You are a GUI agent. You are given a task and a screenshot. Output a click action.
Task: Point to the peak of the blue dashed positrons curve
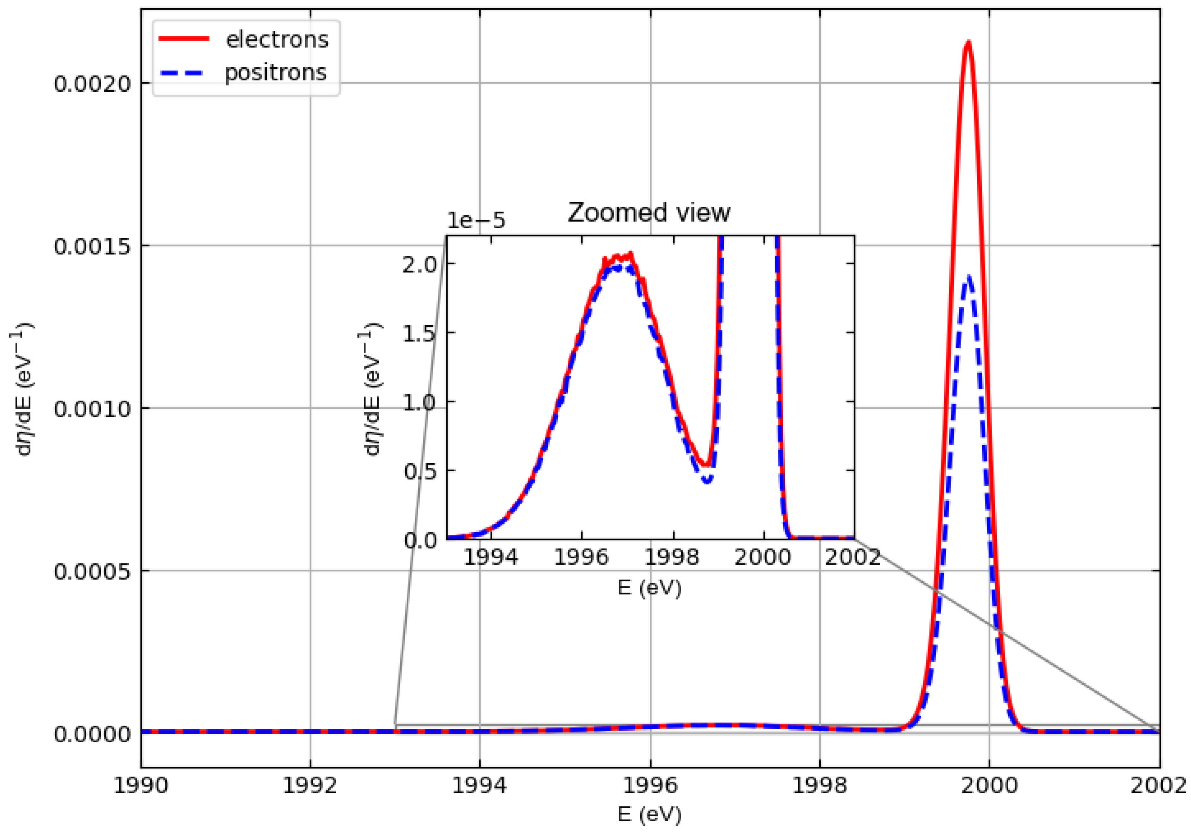[969, 278]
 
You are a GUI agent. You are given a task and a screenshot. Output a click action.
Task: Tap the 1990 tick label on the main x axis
[141, 786]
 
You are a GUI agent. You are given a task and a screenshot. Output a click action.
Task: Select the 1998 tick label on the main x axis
[820, 786]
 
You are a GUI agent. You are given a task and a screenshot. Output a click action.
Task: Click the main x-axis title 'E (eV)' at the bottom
[649, 814]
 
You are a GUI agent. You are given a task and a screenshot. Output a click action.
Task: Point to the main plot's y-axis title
[23, 389]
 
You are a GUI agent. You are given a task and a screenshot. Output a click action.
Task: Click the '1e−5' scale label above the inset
[476, 221]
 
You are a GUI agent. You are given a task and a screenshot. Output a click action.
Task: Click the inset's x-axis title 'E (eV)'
[649, 588]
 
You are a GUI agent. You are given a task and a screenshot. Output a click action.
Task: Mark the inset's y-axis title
[372, 389]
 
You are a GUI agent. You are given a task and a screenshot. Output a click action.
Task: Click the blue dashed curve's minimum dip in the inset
[707, 481]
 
